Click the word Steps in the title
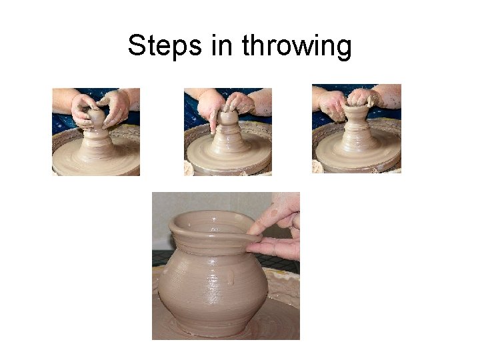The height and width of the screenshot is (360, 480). click(x=165, y=46)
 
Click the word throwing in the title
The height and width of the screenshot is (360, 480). click(x=297, y=46)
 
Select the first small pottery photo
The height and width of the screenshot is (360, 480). click(x=96, y=132)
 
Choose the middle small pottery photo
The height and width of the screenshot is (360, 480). click(x=228, y=132)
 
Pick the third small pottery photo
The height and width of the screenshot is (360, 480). click(x=357, y=129)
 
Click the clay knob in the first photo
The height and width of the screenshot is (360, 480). click(x=96, y=117)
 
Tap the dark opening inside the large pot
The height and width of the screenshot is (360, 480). click(x=211, y=223)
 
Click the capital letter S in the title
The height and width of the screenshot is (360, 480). click(x=137, y=45)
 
